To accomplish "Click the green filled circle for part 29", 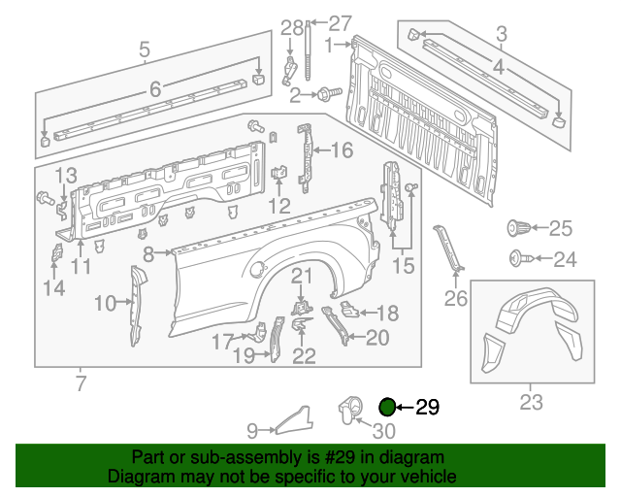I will pyautogui.click(x=387, y=408).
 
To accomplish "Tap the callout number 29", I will pyautogui.click(x=428, y=408).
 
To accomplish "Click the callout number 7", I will pyautogui.click(x=81, y=381).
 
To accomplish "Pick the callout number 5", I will pyautogui.click(x=145, y=49).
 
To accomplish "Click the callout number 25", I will pyautogui.click(x=562, y=229).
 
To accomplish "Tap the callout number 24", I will pyautogui.click(x=565, y=259).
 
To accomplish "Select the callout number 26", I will pyautogui.click(x=456, y=299).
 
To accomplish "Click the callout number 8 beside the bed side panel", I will pyautogui.click(x=148, y=253).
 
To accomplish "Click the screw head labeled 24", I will pyautogui.click(x=517, y=258).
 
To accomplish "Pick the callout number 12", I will pyautogui.click(x=279, y=205).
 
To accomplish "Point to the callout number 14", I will pyautogui.click(x=53, y=287).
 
